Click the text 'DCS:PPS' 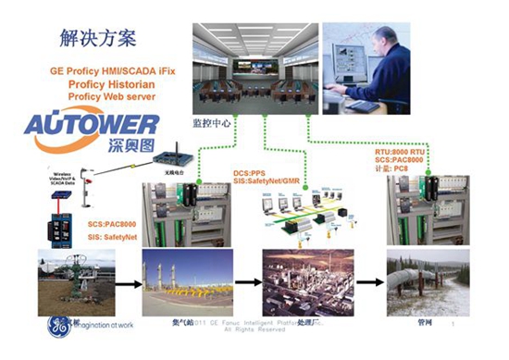[251, 173]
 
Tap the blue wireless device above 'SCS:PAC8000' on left [57, 230]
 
